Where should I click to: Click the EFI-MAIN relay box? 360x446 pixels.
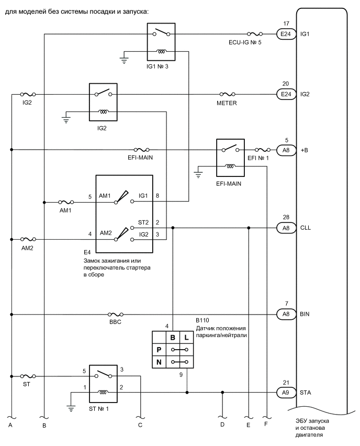pos(230,158)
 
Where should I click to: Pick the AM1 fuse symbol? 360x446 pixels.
pos(66,202)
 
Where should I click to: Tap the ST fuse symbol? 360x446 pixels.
pos(27,376)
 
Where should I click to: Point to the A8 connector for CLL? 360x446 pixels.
pos(285,228)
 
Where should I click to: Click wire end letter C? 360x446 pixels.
pos(140,425)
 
